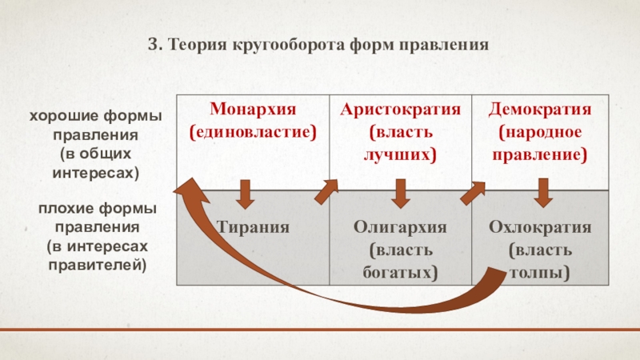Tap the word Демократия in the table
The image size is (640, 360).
(542, 108)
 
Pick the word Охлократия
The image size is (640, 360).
(541, 227)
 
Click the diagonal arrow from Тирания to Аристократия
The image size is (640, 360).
(326, 190)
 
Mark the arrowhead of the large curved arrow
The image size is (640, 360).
(186, 190)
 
